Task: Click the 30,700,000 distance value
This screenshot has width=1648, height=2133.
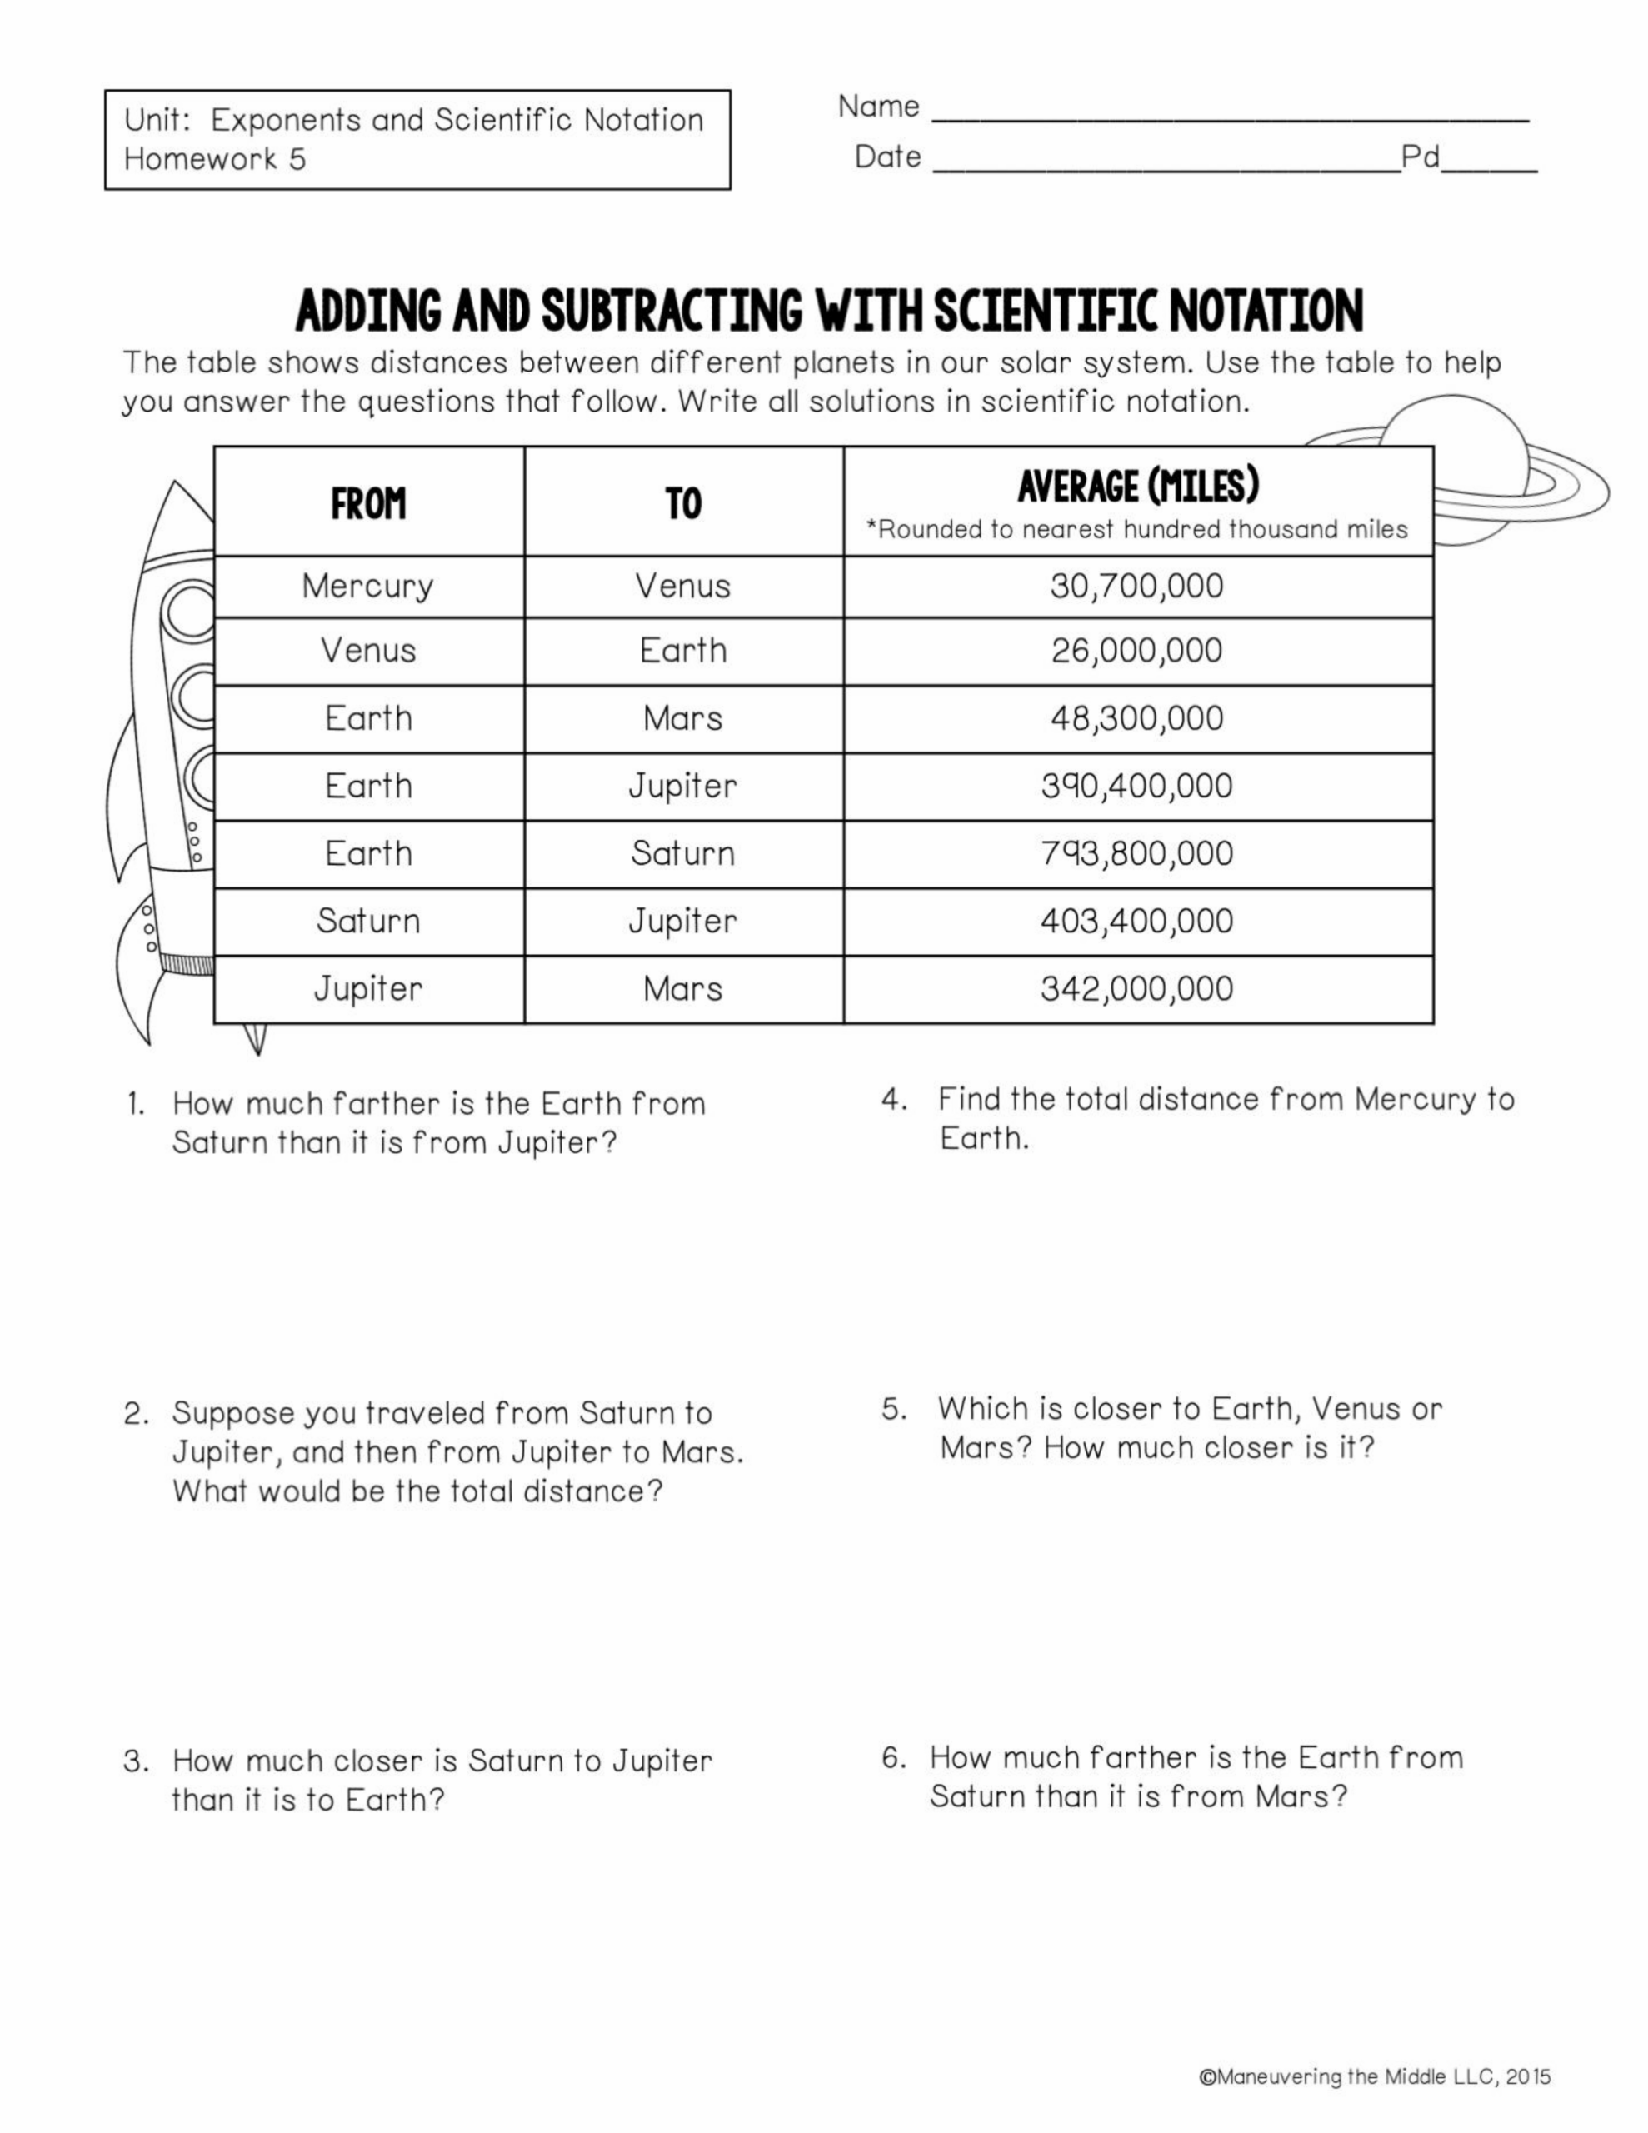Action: tap(1136, 586)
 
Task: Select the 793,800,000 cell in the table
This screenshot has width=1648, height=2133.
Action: tap(1136, 853)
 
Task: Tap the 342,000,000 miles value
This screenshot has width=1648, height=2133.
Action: tap(1136, 988)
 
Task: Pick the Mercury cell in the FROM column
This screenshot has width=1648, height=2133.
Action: tap(367, 586)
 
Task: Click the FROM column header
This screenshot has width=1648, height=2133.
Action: tap(367, 504)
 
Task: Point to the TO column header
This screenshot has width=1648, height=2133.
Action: tap(683, 504)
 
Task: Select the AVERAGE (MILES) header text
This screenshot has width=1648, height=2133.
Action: tap(1138, 487)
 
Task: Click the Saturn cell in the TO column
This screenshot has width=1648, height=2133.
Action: tap(683, 853)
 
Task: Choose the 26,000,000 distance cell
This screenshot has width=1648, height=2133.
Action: tap(1136, 651)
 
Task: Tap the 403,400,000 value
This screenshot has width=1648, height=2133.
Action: tap(1136, 921)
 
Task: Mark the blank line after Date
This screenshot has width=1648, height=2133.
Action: tap(1166, 168)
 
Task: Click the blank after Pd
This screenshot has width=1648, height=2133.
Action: tap(1489, 168)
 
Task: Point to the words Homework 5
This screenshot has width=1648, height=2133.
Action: tap(215, 159)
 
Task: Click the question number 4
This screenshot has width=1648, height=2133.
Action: tap(894, 1100)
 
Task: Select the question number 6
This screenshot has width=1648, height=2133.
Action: tap(894, 1758)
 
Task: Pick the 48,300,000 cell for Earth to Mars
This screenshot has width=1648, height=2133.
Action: tap(1136, 719)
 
